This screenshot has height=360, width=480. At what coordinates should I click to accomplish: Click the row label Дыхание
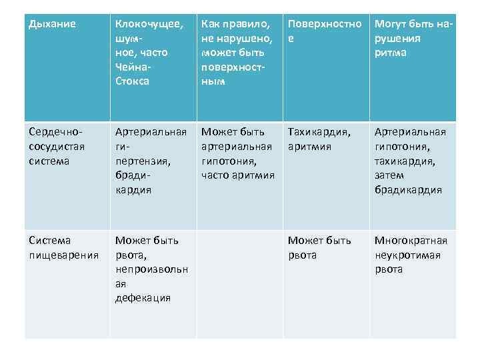[x=53, y=25]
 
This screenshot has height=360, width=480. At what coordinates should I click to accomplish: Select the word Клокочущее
[x=149, y=25]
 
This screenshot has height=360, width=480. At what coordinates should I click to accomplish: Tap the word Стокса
[x=132, y=81]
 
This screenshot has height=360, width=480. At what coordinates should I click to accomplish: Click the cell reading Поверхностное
[x=324, y=31]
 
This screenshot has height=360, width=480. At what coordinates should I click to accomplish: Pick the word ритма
[x=390, y=53]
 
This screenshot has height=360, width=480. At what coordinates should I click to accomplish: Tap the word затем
[x=389, y=175]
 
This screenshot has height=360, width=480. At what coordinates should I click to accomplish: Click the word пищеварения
[x=64, y=255]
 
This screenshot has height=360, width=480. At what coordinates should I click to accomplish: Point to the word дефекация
[x=143, y=298]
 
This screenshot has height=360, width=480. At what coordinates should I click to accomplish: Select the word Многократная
[x=411, y=241]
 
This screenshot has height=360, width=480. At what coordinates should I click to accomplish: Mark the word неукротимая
[x=407, y=255]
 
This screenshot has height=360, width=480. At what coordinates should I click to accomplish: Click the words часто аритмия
[x=237, y=175]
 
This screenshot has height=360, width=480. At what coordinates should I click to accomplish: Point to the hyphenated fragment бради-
[x=131, y=175]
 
